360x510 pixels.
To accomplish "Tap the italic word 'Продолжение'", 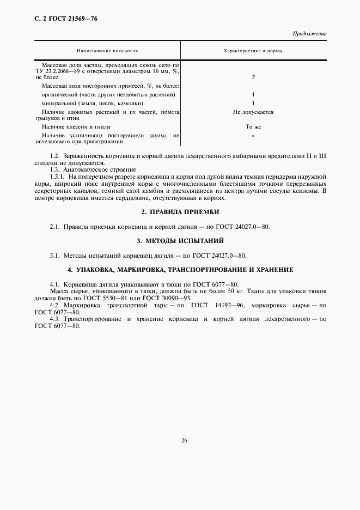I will point(309,34).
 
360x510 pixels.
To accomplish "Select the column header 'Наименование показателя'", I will point(108,51).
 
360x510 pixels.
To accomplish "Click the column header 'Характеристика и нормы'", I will point(253,51).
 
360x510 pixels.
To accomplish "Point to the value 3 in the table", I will point(253,77).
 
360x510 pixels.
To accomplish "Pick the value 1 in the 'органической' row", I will point(253,94).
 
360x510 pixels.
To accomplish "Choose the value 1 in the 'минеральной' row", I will point(253,103).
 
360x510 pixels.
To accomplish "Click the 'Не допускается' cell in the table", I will point(253,112).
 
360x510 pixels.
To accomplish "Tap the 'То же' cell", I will point(253,126).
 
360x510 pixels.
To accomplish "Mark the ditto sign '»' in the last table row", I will point(253,135).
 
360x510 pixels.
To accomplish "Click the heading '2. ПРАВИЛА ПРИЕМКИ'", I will point(180,211).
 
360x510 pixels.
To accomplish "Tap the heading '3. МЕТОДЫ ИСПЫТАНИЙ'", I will point(180,240).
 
